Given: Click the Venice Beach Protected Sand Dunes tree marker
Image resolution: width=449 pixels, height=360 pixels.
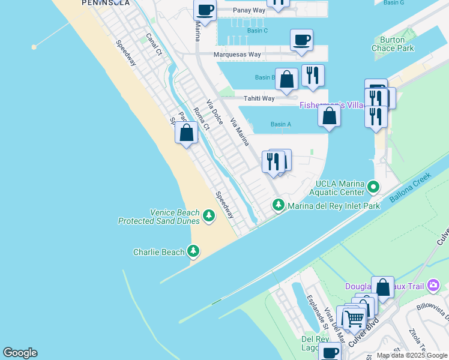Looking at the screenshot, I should [x=208, y=215].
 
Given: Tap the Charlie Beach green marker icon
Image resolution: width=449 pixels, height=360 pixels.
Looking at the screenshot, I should [x=193, y=251].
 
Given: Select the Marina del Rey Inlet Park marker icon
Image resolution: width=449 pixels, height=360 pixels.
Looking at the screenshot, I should [x=279, y=206].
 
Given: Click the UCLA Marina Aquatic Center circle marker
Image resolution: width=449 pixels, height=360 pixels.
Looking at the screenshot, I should [x=373, y=187].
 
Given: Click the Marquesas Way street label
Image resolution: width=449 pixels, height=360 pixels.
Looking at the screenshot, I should [x=238, y=54].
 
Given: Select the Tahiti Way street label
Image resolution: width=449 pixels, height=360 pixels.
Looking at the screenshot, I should [x=259, y=98].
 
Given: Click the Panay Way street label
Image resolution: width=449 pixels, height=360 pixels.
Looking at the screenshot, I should [x=250, y=10].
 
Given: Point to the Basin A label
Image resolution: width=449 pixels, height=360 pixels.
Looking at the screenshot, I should [x=280, y=125].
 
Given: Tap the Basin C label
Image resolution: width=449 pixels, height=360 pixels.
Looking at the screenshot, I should [x=257, y=30].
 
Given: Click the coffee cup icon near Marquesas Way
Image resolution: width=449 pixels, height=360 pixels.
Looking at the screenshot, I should [x=301, y=40].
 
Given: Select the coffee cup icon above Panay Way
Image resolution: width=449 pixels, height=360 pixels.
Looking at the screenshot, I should [x=205, y=10].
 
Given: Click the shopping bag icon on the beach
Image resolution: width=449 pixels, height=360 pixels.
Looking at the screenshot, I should [x=187, y=133].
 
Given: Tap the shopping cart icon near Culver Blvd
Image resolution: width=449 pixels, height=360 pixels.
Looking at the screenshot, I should [x=354, y=318].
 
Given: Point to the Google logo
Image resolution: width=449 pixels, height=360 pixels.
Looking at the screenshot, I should [x=20, y=353].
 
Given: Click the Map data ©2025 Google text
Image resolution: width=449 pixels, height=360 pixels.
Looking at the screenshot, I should [x=412, y=355].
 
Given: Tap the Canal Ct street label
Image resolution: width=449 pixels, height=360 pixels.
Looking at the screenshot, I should [x=154, y=44].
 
